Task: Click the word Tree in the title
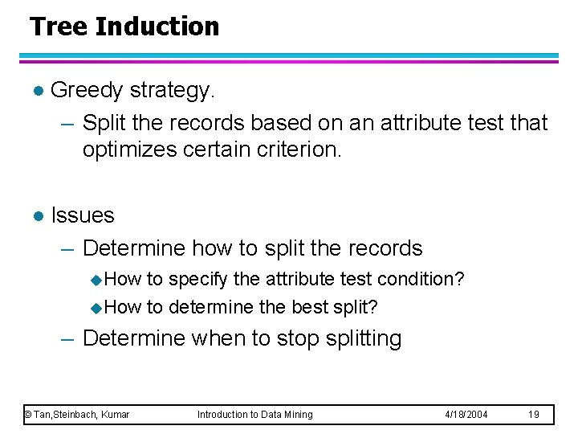[59, 27]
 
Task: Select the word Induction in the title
[157, 27]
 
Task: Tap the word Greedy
[87, 91]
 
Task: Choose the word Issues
[82, 215]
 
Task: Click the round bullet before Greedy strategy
[34, 92]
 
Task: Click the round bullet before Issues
[34, 216]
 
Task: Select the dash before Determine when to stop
[67, 339]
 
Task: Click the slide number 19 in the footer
[534, 414]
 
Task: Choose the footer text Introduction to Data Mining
[255, 414]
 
